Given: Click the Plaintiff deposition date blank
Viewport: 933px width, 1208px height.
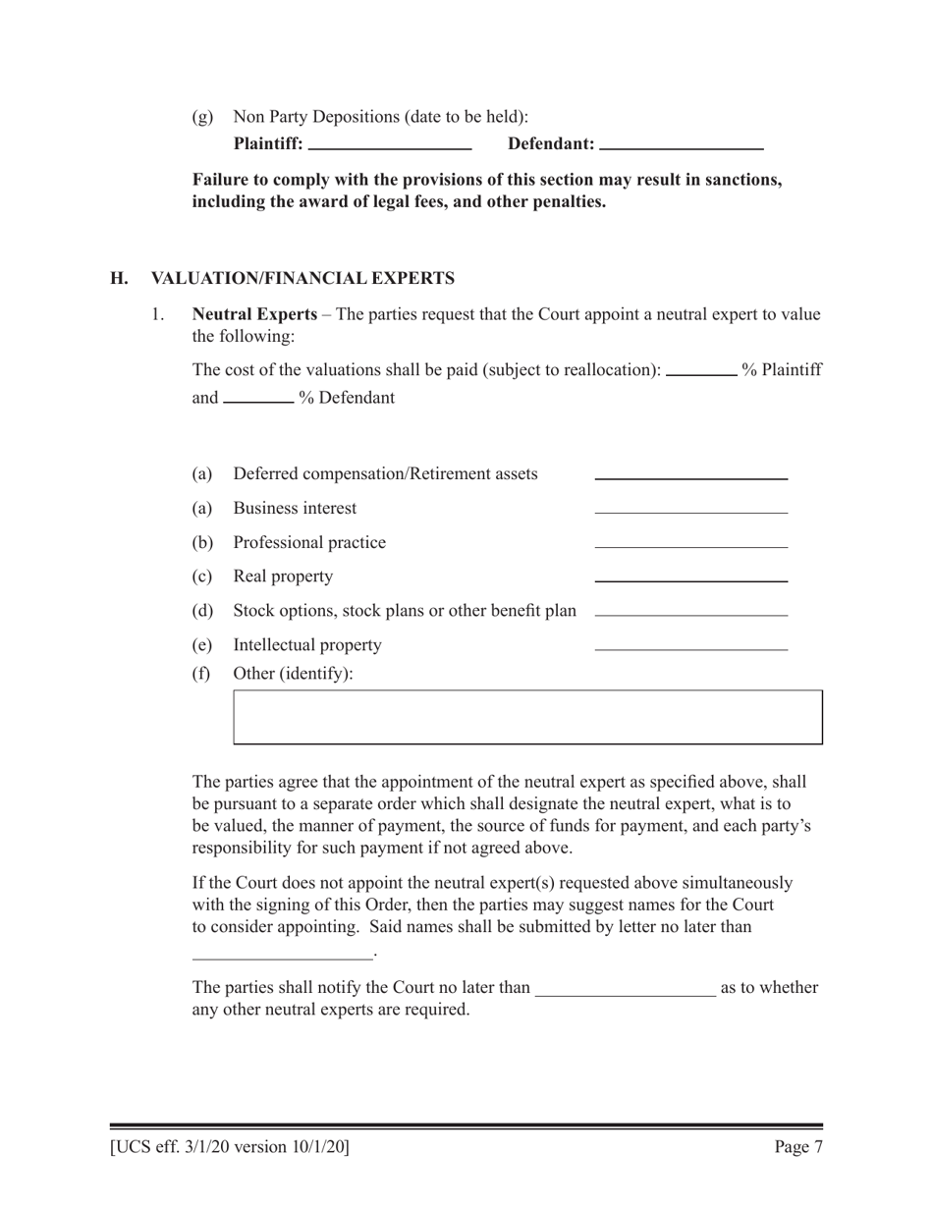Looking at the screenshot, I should coord(390,145).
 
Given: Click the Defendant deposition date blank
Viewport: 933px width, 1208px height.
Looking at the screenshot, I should coord(681,145).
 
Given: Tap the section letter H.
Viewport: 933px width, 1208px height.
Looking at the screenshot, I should coord(119,278).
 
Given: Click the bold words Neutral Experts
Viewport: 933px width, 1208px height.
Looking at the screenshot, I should coord(254,315).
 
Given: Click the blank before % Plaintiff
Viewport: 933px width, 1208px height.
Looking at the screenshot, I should coord(701,372).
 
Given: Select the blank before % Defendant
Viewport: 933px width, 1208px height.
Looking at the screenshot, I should coord(258,400).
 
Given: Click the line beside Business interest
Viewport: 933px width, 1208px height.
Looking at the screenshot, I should coord(690,511).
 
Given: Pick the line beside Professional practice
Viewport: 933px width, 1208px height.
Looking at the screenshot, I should coord(690,545).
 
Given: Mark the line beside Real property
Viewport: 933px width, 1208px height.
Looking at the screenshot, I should coord(690,579).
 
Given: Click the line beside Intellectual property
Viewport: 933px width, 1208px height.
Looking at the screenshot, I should coord(690,648).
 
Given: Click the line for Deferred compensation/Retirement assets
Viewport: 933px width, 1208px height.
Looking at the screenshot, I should coord(690,476).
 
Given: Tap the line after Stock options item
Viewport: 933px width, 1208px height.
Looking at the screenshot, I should coord(690,614).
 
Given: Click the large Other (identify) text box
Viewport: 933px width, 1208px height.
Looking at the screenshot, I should coord(527,717).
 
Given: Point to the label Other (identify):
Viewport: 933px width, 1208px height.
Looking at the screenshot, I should coord(293,674).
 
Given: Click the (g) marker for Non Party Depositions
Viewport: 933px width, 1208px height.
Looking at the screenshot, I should coord(201,117).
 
